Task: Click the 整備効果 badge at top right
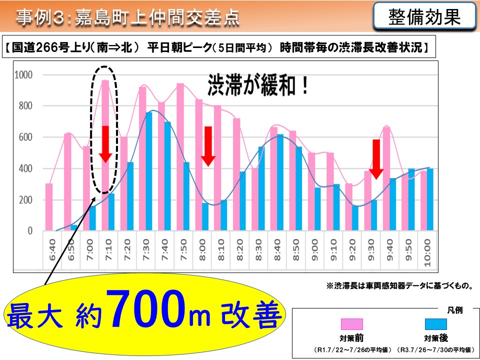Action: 424,17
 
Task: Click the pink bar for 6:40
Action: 49,207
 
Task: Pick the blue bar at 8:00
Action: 205,217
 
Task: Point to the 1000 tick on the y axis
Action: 23,75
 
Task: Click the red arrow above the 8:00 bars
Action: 208,146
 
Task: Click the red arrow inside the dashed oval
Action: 105,144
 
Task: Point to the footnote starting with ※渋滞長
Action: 399,286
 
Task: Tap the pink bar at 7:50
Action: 180,157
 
